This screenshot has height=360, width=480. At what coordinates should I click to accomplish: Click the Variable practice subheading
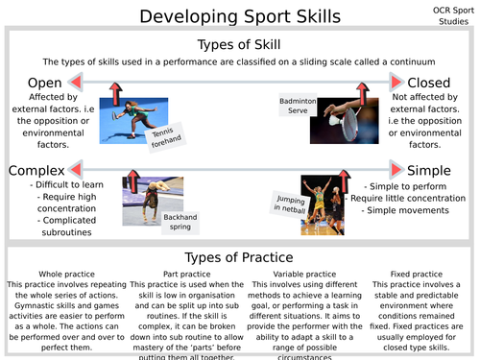click(x=298, y=275)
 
